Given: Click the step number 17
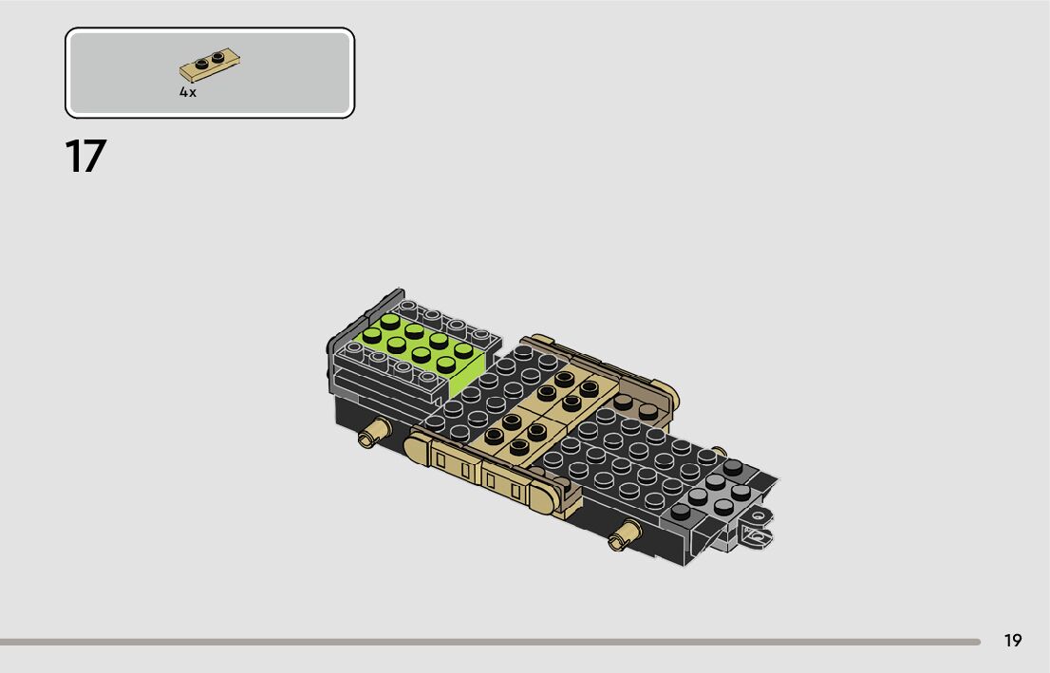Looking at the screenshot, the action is click(x=85, y=157).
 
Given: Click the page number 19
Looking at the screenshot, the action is click(x=1012, y=641).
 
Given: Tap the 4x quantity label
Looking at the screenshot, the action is click(x=188, y=92).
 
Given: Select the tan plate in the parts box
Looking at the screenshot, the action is click(x=210, y=65).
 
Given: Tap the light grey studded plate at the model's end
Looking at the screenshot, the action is click(x=712, y=494).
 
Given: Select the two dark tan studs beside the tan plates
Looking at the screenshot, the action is click(x=635, y=406).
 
